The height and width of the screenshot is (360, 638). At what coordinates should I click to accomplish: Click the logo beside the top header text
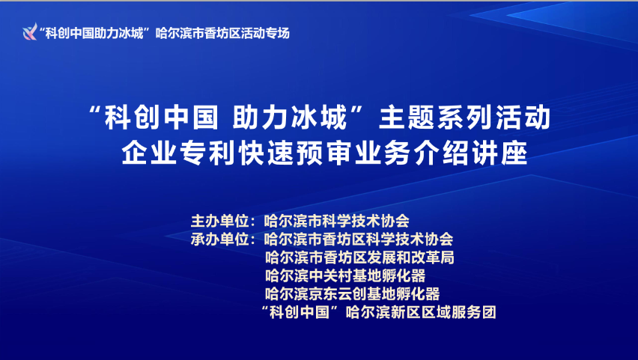(x=30, y=32)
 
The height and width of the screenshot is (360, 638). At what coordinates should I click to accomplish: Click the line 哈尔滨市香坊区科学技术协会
(x=359, y=240)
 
